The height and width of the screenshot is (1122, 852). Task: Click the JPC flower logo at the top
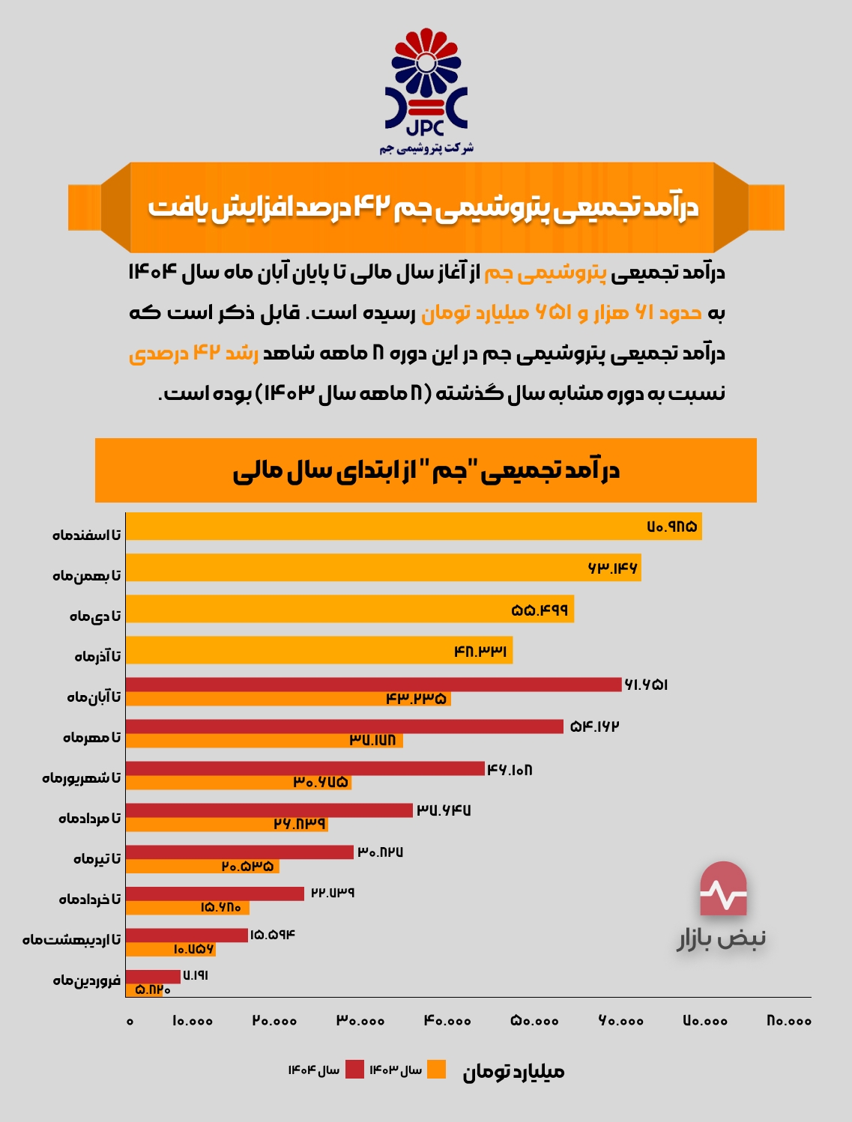tap(426, 82)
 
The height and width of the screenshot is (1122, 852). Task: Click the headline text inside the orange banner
tap(423, 207)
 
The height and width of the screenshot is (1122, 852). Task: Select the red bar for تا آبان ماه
tap(373, 684)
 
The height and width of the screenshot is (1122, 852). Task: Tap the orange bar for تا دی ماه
tap(349, 609)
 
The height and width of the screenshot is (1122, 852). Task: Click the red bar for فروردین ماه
tap(153, 976)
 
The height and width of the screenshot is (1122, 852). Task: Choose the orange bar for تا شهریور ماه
tap(238, 783)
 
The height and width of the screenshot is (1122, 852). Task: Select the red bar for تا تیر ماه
tap(240, 852)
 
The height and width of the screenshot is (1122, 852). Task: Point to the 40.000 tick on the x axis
tap(447, 1021)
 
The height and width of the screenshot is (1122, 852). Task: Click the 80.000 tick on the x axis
tap(789, 1021)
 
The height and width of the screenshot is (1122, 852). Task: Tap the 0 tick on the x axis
tap(130, 1021)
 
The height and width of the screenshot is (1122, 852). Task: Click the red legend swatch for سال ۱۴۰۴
tap(354, 1070)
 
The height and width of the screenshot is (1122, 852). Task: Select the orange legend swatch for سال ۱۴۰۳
tap(436, 1070)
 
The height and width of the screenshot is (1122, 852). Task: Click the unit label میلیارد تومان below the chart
tap(513, 1072)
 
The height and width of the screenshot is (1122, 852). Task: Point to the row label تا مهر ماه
tap(91, 738)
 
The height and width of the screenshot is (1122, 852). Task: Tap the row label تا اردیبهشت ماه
tap(71, 939)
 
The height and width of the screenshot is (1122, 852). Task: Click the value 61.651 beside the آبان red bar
tap(646, 685)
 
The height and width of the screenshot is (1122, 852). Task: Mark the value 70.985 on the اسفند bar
tap(672, 527)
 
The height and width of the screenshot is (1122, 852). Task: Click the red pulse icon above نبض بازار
tap(723, 889)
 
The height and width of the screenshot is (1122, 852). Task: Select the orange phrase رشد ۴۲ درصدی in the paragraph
tap(193, 353)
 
